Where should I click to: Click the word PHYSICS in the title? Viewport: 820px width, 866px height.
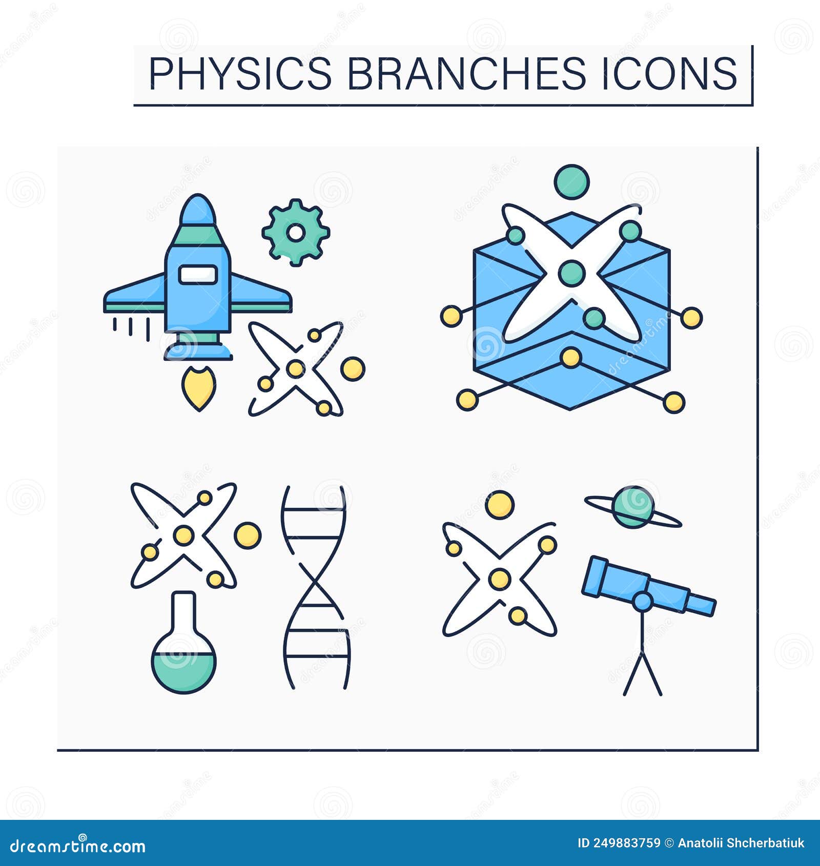click(x=240, y=73)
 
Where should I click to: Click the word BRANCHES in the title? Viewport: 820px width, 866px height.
click(x=466, y=73)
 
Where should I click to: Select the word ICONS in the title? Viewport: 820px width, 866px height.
click(x=669, y=73)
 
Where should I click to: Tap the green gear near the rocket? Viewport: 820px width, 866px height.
click(x=295, y=233)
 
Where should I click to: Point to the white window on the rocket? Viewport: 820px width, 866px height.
click(x=198, y=274)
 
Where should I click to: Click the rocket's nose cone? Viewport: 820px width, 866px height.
click(x=198, y=210)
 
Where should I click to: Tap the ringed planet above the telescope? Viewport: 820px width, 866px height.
click(x=633, y=507)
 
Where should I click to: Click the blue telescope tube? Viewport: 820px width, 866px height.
click(x=648, y=586)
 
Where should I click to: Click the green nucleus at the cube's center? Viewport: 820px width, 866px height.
click(x=571, y=273)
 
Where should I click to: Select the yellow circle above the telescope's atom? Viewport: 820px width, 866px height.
click(x=499, y=505)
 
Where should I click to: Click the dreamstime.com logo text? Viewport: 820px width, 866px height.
click(x=78, y=846)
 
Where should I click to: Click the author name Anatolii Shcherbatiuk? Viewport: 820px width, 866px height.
click(x=741, y=843)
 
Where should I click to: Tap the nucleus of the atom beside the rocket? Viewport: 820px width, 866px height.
click(x=295, y=368)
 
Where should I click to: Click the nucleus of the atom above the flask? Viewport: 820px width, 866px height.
click(x=183, y=535)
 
